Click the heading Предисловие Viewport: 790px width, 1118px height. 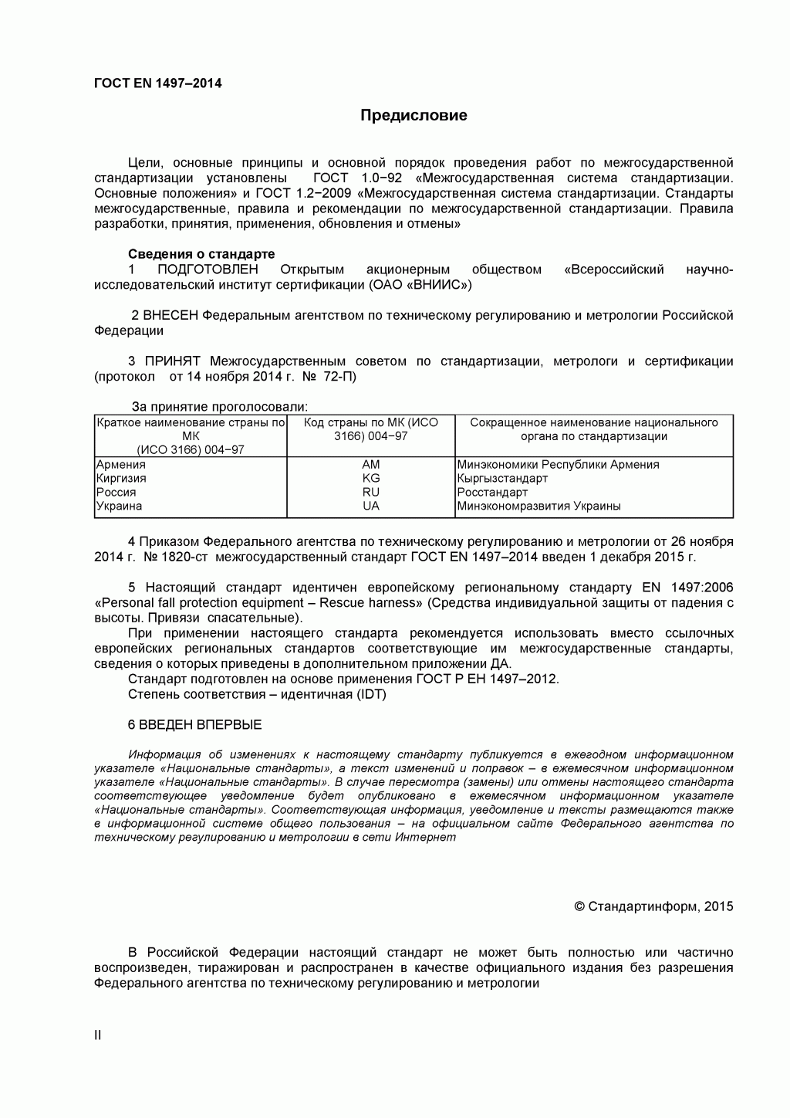click(x=414, y=116)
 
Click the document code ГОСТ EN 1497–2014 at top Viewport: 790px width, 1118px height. click(x=157, y=83)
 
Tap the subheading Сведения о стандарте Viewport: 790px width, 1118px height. click(x=201, y=254)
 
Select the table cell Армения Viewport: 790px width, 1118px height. click(x=120, y=465)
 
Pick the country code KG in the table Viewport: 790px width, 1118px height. click(x=371, y=479)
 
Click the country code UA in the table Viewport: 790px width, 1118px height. click(x=371, y=506)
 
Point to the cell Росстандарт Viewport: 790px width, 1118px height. click(x=492, y=493)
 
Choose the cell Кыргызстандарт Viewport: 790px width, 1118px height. click(x=502, y=479)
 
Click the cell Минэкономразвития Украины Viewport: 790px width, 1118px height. click(x=538, y=506)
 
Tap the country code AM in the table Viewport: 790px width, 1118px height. click(x=371, y=465)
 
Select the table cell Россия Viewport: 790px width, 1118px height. click(x=116, y=493)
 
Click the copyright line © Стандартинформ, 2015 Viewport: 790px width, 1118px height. click(x=653, y=906)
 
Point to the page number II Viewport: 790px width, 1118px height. click(x=98, y=1035)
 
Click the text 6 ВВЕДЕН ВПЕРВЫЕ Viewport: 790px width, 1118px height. click(x=194, y=725)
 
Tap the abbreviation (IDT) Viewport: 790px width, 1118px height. click(x=370, y=694)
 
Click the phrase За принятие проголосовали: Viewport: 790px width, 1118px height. click(x=219, y=407)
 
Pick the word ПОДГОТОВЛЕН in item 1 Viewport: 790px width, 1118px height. click(x=208, y=269)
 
